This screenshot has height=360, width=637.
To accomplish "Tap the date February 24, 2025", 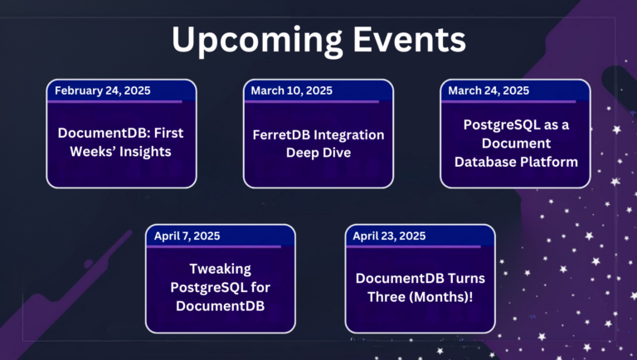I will pyautogui.click(x=104, y=90).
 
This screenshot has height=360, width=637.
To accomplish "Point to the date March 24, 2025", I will pyautogui.click(x=489, y=90).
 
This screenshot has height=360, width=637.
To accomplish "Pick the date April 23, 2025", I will pyautogui.click(x=389, y=236).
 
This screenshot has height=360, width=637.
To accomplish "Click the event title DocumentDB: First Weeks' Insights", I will pyautogui.click(x=120, y=143).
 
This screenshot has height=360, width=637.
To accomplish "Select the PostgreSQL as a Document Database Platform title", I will pyautogui.click(x=515, y=143).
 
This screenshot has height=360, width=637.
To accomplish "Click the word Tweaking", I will pyautogui.click(x=220, y=270).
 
